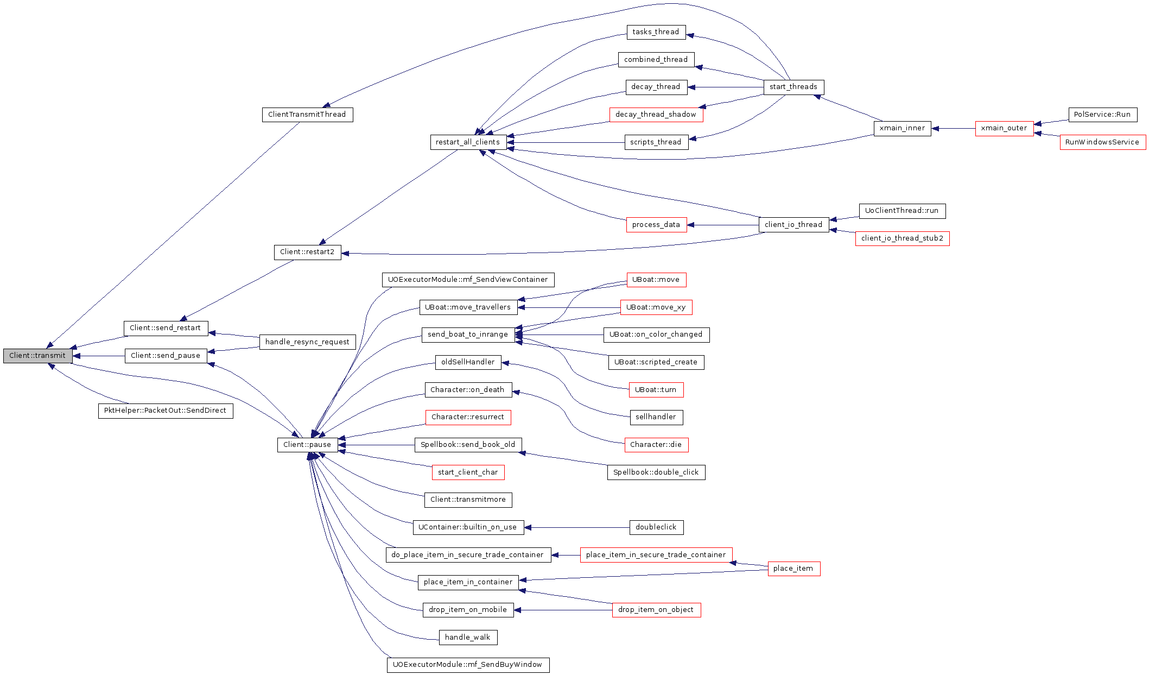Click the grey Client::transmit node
[x=37, y=356]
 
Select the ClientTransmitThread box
[x=307, y=115]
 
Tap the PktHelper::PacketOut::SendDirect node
[x=166, y=411]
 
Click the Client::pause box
[x=307, y=445]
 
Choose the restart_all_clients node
[x=468, y=142]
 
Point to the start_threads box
[x=793, y=87]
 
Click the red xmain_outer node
[x=1004, y=129]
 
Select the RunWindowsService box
[x=1102, y=142]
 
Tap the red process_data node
[x=656, y=225]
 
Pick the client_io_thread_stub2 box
[x=902, y=238]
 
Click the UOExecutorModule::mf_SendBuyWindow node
[x=468, y=665]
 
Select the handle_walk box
[x=468, y=638]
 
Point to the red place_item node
[x=793, y=569]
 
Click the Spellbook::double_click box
[x=656, y=472]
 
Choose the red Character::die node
[x=656, y=445]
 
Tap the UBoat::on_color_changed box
[x=656, y=335]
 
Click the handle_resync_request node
[x=307, y=342]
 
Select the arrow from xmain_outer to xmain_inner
[x=953, y=129]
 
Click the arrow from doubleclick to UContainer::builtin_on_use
[x=577, y=527]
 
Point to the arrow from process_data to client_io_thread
[x=723, y=225]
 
